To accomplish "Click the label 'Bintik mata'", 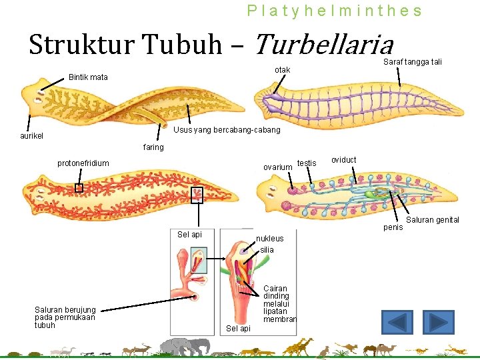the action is coord(88,77).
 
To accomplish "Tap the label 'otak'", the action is coord(283,70).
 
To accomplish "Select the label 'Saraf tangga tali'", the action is coord(413,62).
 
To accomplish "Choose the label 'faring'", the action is coord(153,147).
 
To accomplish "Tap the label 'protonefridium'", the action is coord(83,163).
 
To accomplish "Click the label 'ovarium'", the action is coord(277,167).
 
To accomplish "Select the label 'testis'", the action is coord(307,163).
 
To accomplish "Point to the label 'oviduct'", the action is coord(344,160).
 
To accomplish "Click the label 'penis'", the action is coord(393,227).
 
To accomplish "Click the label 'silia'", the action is coord(267,249).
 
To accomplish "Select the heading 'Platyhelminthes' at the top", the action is coord(334,11).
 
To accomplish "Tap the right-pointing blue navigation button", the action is coord(438,323).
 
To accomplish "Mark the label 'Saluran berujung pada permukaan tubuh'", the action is coord(65,317).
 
